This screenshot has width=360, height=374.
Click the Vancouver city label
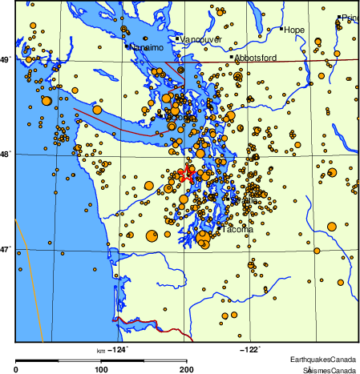201,39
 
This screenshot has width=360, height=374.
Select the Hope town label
295,30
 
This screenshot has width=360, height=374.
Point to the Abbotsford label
256,58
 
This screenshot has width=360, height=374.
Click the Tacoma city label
237,229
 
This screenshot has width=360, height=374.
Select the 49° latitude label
6,59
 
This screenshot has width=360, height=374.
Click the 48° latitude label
6,154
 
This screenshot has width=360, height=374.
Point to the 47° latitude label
6,249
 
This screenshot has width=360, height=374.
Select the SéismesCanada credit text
329,370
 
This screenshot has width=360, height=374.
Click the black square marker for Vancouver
177,38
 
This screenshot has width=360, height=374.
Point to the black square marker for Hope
282,30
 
